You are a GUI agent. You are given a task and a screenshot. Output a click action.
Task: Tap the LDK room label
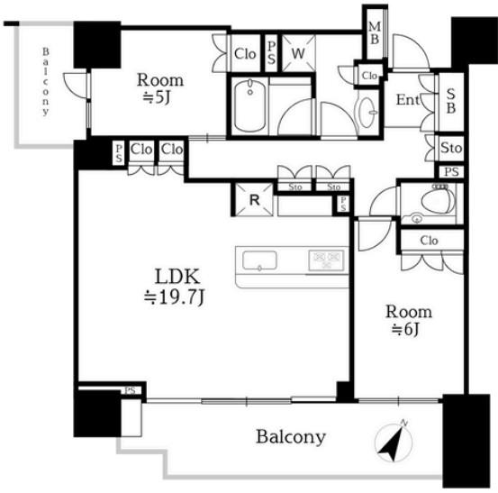pyautogui.click(x=177, y=277)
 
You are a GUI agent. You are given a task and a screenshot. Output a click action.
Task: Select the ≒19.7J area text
pyautogui.click(x=174, y=297)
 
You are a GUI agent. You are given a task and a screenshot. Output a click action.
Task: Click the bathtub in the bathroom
pyautogui.click(x=250, y=105)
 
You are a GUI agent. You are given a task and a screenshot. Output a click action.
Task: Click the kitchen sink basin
pyautogui.click(x=259, y=260)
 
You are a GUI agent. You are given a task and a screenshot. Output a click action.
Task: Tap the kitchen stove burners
pyautogui.click(x=326, y=260)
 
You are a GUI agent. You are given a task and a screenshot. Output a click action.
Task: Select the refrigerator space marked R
pyautogui.click(x=254, y=200)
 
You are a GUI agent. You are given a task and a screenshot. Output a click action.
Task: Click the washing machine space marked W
pyautogui.click(x=299, y=53)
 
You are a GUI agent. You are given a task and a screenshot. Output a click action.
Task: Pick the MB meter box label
pyautogui.click(x=375, y=32)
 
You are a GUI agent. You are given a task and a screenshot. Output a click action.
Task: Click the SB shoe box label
pyautogui.click(x=450, y=101)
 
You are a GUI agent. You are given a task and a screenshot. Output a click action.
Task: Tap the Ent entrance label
pyautogui.click(x=407, y=100)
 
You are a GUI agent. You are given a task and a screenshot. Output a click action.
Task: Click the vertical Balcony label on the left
pyautogui.click(x=46, y=81)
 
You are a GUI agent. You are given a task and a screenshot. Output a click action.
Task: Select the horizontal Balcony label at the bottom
pyautogui.click(x=291, y=437)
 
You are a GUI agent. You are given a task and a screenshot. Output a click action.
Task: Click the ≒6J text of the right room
pyautogui.click(x=406, y=330)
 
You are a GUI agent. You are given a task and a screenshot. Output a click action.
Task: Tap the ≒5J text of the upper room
pyautogui.click(x=157, y=98)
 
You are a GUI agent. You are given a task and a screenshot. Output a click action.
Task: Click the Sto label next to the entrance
pyautogui.click(x=451, y=148)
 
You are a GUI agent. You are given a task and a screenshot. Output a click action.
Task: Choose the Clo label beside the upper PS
pyautogui.click(x=245, y=54)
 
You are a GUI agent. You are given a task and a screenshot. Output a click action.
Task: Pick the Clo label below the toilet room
pyautogui.click(x=429, y=241)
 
